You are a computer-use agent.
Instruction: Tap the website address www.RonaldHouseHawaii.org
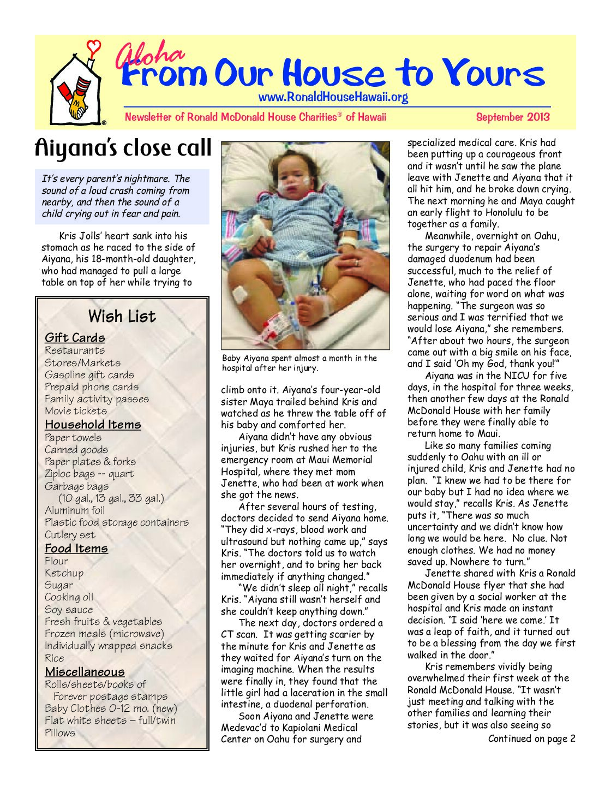333,98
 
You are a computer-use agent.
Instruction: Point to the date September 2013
512,117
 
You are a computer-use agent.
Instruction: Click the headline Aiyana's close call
123,148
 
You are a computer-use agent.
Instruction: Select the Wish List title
122,317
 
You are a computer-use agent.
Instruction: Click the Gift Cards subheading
75,338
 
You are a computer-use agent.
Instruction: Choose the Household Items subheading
93,425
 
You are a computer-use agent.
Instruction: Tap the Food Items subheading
76,549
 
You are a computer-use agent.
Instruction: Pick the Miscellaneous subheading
85,672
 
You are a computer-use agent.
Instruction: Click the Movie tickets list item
76,411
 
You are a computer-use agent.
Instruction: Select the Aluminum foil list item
75,510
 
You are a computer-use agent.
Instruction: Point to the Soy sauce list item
69,610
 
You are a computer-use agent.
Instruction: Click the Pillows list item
60,733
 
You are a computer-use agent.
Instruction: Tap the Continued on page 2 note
531,739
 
